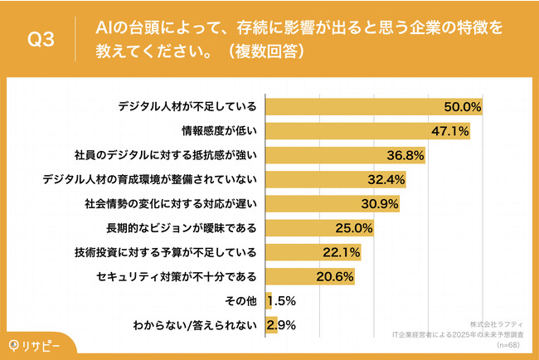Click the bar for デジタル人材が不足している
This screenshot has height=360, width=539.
(373, 106)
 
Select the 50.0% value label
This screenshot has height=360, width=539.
(464, 106)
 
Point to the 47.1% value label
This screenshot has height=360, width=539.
(451, 130)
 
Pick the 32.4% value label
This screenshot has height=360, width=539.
(386, 178)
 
